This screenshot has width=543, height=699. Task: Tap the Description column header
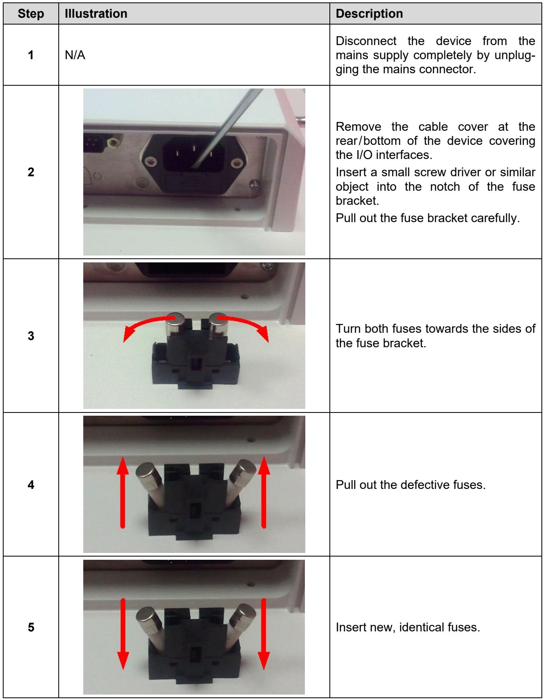click(369, 14)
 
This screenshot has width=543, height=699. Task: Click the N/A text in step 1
click(75, 55)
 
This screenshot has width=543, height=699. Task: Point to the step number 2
click(31, 172)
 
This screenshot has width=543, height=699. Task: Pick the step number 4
click(31, 485)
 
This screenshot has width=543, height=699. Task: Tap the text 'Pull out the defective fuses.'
click(411, 485)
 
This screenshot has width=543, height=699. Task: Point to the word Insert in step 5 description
click(350, 628)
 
